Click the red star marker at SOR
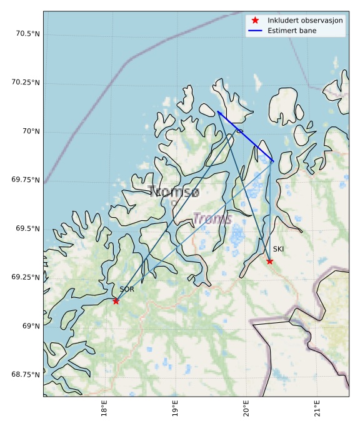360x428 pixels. pyautogui.click(x=116, y=301)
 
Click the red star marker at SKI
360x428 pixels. pyautogui.click(x=269, y=261)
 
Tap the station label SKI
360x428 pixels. pyautogui.click(x=278, y=249)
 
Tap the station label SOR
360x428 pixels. pyautogui.click(x=127, y=289)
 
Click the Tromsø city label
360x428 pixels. pyautogui.click(x=174, y=192)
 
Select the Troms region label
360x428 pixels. pyautogui.click(x=212, y=219)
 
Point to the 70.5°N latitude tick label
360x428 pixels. pyautogui.click(x=26, y=34)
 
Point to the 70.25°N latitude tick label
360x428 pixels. pyautogui.click(x=24, y=83)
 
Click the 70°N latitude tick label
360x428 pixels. pyautogui.click(x=31, y=131)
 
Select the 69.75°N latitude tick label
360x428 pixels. pyautogui.click(x=24, y=180)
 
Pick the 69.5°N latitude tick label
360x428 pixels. pyautogui.click(x=26, y=229)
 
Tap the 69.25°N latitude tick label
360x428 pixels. pyautogui.click(x=24, y=277)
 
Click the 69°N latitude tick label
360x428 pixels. pyautogui.click(x=31, y=326)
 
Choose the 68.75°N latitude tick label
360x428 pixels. pyautogui.click(x=24, y=375)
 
